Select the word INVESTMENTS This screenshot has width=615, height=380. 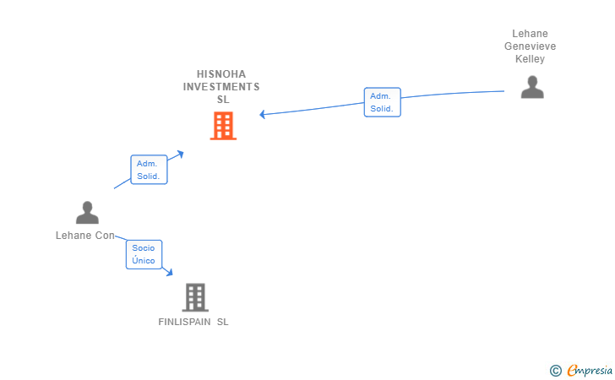[221, 86]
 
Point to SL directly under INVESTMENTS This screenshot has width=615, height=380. [223, 99]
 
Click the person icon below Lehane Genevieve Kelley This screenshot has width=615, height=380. [532, 87]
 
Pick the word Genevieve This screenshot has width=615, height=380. [530, 46]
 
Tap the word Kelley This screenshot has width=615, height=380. [530, 59]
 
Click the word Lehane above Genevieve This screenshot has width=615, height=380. [530, 34]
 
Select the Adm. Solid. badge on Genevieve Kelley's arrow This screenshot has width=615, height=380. [382, 102]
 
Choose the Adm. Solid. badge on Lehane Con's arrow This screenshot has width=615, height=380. [149, 170]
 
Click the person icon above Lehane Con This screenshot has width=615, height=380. [87, 213]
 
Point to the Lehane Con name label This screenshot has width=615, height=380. [84, 236]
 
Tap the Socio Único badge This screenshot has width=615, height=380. [144, 254]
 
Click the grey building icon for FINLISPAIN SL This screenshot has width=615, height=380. [195, 297]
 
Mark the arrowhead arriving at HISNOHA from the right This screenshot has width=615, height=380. [263, 114]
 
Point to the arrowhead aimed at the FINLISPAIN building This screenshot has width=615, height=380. [170, 273]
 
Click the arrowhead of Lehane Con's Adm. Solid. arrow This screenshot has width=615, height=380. [180, 154]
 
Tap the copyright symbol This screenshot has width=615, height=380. [555, 370]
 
